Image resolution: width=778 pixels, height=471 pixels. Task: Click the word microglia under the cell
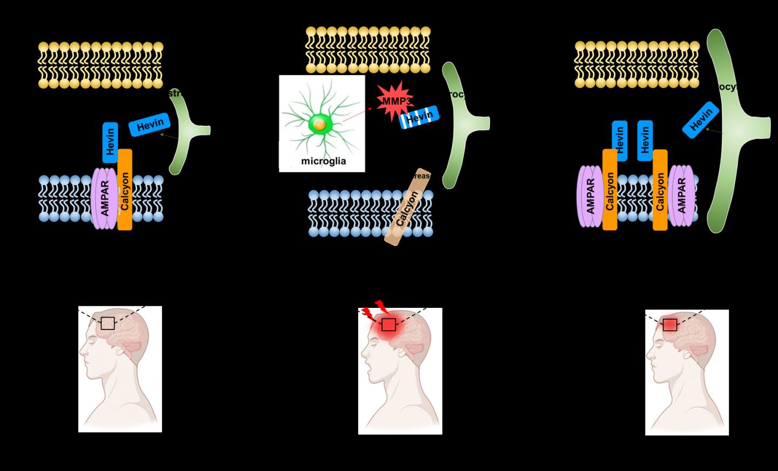pyautogui.click(x=323, y=161)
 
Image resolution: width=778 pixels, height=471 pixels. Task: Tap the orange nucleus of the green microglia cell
pyautogui.click(x=319, y=125)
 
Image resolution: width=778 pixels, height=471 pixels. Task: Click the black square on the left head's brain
pyautogui.click(x=108, y=323)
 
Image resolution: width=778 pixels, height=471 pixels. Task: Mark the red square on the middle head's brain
pyautogui.click(x=388, y=325)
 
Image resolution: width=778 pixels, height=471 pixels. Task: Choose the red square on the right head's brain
pyautogui.click(x=669, y=325)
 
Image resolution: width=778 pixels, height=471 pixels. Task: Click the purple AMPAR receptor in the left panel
pyautogui.click(x=105, y=198)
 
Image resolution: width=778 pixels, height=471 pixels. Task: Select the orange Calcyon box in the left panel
pyautogui.click(x=125, y=190)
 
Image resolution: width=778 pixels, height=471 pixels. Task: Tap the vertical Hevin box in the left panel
pyautogui.click(x=110, y=142)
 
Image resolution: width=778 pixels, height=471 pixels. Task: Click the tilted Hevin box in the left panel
pyautogui.click(x=150, y=125)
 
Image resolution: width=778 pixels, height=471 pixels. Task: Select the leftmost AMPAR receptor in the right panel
pyautogui.click(x=590, y=196)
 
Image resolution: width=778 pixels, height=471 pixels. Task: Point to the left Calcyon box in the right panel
pyautogui.click(x=610, y=190)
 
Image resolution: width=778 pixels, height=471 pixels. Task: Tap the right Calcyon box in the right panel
pyautogui.click(x=660, y=190)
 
